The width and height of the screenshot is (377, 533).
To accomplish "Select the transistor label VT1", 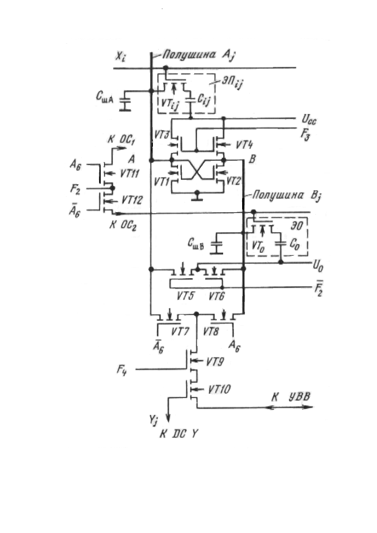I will (161, 180).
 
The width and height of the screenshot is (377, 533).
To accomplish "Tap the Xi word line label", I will (121, 56).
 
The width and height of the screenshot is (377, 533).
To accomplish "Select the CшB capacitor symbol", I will (217, 246).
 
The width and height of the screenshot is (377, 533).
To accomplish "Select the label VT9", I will (216, 362).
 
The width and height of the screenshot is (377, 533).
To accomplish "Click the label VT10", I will (218, 389).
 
